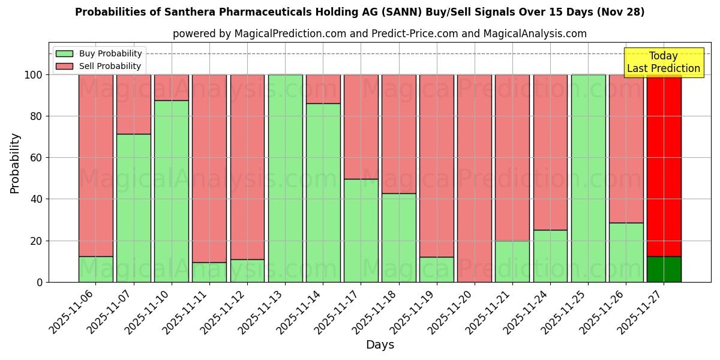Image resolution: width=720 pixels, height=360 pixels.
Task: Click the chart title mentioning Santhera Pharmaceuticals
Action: pyautogui.click(x=359, y=12)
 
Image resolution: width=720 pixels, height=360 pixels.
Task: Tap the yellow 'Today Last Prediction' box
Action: pyautogui.click(x=663, y=62)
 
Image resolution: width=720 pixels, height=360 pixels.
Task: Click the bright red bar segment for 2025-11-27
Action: pyautogui.click(x=664, y=165)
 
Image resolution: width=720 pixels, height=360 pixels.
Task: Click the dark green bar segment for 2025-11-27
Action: pyautogui.click(x=664, y=269)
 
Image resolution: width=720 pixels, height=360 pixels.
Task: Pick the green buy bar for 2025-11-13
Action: pyautogui.click(x=285, y=178)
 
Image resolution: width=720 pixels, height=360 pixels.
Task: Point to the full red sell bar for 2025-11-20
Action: pyautogui.click(x=474, y=178)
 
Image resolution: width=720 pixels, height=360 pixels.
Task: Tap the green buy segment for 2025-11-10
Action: pyautogui.click(x=172, y=191)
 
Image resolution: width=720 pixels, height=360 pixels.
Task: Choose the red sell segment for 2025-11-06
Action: pyautogui.click(x=96, y=165)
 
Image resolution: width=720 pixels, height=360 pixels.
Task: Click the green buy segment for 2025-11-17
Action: pyautogui.click(x=361, y=230)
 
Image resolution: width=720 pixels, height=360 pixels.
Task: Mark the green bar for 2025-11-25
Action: pyautogui.click(x=588, y=178)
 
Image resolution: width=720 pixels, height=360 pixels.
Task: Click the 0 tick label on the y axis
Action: pyautogui.click(x=40, y=282)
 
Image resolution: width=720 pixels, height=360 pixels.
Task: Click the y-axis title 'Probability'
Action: pyautogui.click(x=15, y=163)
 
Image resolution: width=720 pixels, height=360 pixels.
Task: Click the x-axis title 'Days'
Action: pyautogui.click(x=380, y=345)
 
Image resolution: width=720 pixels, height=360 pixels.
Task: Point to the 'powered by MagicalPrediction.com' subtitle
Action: pyautogui.click(x=379, y=34)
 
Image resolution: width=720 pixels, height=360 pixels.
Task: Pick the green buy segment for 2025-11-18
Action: pyautogui.click(x=398, y=238)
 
